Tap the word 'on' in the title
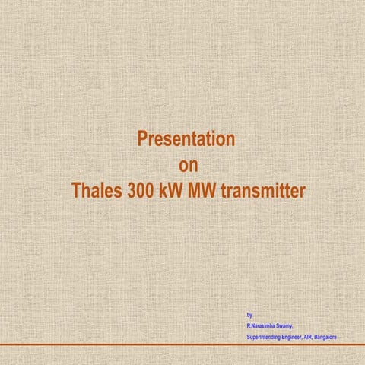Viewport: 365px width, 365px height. pyautogui.click(x=186, y=164)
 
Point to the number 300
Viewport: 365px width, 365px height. pyautogui.click(x=140, y=189)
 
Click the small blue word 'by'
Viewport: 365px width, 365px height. pyautogui.click(x=250, y=314)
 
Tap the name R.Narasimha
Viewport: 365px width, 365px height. pyautogui.click(x=263, y=325)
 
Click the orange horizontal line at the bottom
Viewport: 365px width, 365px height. pyautogui.click(x=182, y=344)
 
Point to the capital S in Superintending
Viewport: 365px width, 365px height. pyautogui.click(x=249, y=336)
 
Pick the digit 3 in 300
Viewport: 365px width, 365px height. pyautogui.click(x=132, y=189)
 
